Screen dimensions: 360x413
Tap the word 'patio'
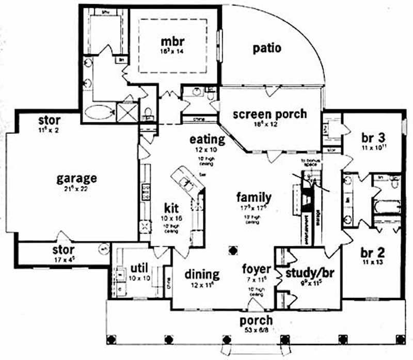click(267, 49)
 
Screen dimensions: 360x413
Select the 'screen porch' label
click(269, 114)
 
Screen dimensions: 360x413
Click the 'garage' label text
click(77, 179)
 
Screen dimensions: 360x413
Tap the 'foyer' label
click(257, 269)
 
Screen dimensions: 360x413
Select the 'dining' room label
click(202, 274)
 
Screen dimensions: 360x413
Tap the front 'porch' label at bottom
click(256, 320)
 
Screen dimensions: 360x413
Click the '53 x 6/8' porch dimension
click(256, 331)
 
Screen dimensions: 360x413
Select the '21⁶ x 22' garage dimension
click(76, 190)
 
